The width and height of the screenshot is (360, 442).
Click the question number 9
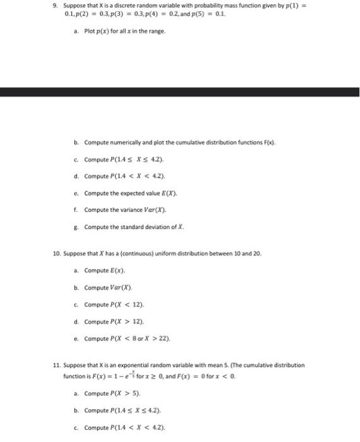pos(55,6)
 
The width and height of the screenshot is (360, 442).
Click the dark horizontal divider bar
pos(180,92)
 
